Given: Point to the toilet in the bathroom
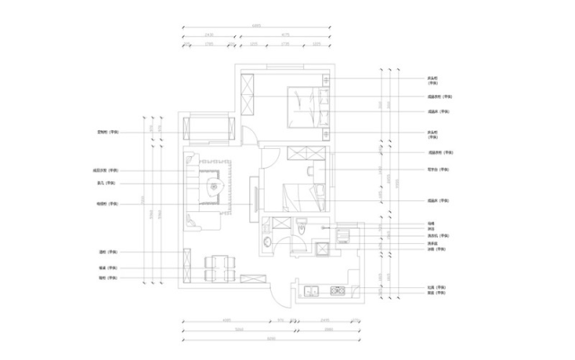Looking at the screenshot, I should click(x=303, y=230).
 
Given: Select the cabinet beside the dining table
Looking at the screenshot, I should click(x=187, y=266).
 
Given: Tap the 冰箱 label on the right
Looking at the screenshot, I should click(x=431, y=250).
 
